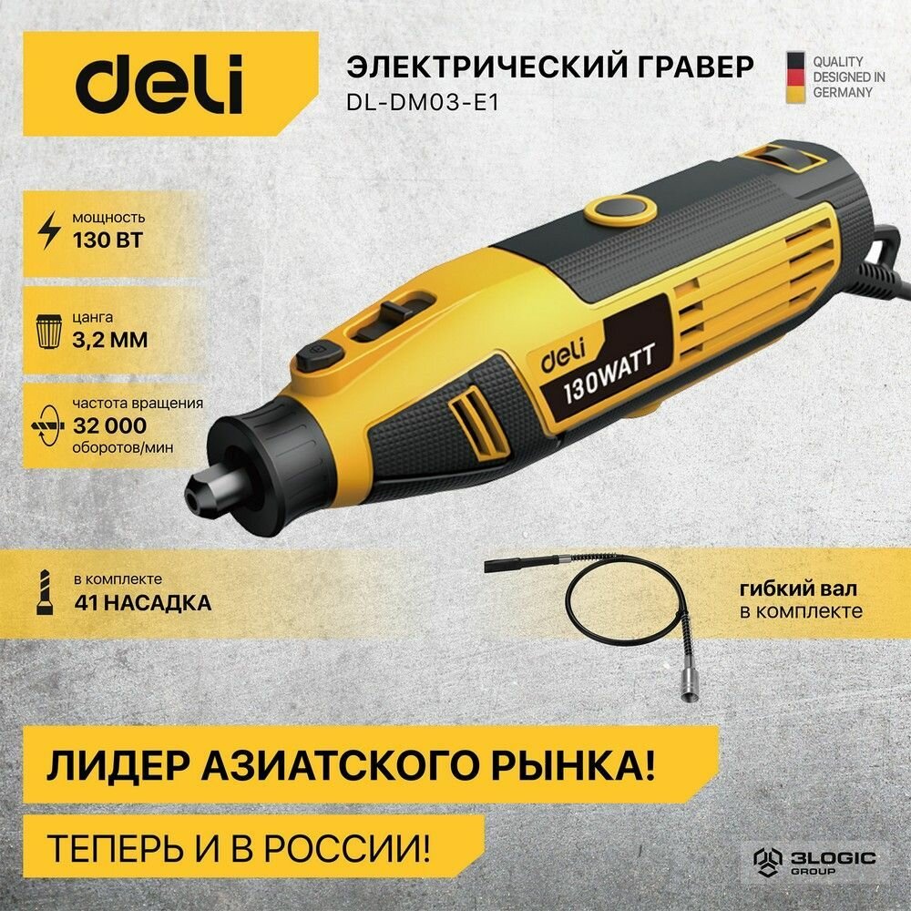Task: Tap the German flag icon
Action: click(x=794, y=77)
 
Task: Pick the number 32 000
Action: click(x=108, y=425)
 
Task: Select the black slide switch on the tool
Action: click(x=395, y=315)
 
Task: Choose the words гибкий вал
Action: click(x=801, y=589)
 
